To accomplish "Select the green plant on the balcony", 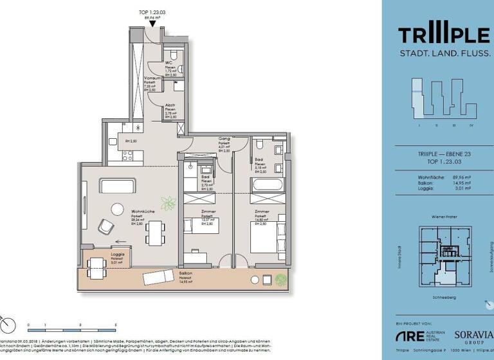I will [x=280, y=279].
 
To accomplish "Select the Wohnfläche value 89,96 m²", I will [x=462, y=175].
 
